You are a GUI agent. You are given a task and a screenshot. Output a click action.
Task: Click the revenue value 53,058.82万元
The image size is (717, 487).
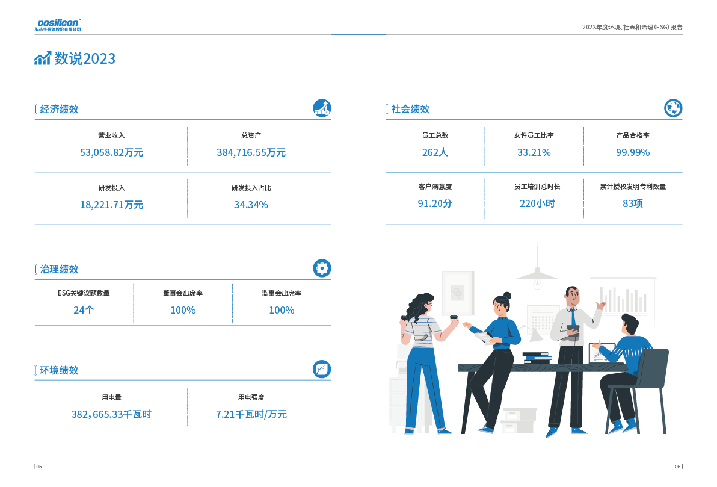(111, 153)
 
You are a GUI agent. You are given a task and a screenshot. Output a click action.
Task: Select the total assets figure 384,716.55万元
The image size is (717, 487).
(251, 153)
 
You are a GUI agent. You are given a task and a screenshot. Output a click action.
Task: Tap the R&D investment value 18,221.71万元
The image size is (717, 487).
(111, 205)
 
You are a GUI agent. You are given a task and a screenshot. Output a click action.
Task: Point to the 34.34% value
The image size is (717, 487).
(251, 205)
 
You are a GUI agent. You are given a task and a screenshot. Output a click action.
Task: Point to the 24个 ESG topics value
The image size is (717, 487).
(84, 311)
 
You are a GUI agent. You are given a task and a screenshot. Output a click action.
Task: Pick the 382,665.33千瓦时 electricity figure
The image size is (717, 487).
(111, 415)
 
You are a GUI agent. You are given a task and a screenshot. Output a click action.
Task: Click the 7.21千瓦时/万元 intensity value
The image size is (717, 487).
(251, 415)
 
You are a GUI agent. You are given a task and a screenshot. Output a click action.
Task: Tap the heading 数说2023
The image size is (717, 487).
(85, 59)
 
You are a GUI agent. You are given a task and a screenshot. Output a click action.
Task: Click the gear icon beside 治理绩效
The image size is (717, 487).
(322, 268)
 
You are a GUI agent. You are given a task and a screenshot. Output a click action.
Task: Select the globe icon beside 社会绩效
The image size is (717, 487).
(673, 108)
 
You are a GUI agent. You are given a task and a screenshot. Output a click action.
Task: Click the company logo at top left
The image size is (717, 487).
(57, 25)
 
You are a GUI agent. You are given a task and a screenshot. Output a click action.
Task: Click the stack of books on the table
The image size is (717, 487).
(537, 358)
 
